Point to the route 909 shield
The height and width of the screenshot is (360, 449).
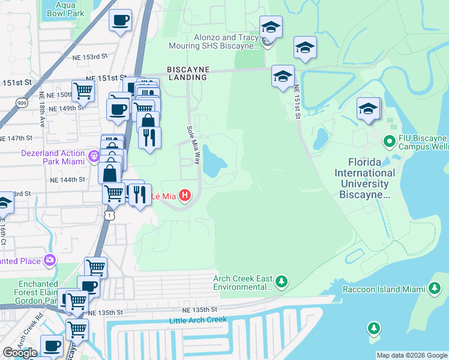tap(22, 102)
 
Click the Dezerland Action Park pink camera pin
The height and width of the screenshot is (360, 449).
tap(94, 157)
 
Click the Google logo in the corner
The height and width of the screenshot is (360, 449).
tap(20, 353)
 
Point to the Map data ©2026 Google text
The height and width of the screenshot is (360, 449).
tap(412, 355)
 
